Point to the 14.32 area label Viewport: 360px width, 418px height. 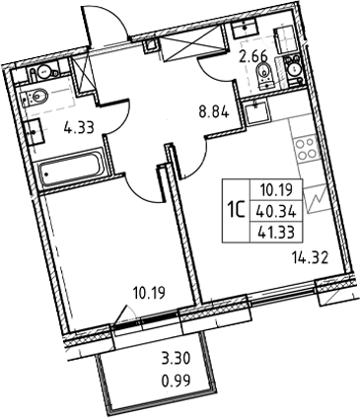tap(310, 260)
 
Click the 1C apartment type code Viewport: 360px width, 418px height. tap(236, 208)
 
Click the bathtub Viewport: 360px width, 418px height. tap(70, 177)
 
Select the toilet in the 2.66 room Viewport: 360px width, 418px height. tap(293, 68)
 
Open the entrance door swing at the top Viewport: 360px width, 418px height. tap(103, 25)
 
